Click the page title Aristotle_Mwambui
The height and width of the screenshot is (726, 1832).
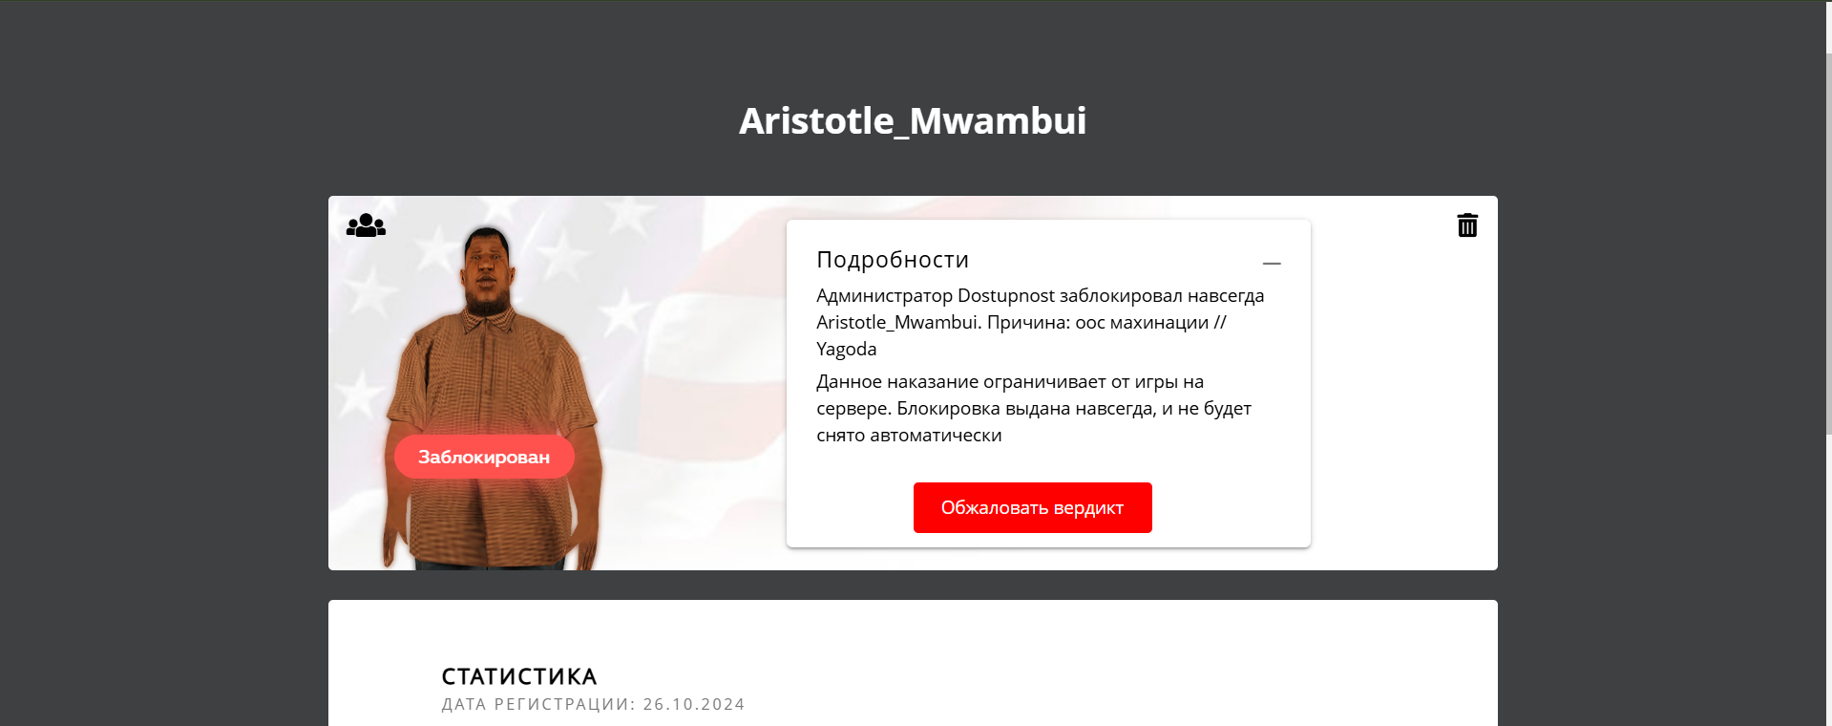coord(913,121)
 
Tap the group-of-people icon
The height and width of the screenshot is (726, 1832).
coord(366,225)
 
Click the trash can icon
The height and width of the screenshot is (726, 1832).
coord(1467,224)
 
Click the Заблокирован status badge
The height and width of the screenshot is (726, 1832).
coord(484,457)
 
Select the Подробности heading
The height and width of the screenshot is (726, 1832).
coord(893,260)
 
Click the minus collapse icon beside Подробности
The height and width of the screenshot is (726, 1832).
coord(1272,263)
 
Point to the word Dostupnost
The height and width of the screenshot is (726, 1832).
coord(1006,296)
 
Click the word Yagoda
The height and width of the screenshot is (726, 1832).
coord(847,350)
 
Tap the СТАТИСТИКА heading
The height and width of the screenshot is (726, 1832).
coord(519,676)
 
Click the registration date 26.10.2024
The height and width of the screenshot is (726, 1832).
coord(694,704)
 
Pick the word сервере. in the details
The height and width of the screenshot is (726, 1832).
coord(853,409)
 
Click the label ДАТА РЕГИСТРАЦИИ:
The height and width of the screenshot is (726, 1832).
coord(538,704)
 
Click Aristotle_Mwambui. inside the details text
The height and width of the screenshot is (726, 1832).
coord(899,323)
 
